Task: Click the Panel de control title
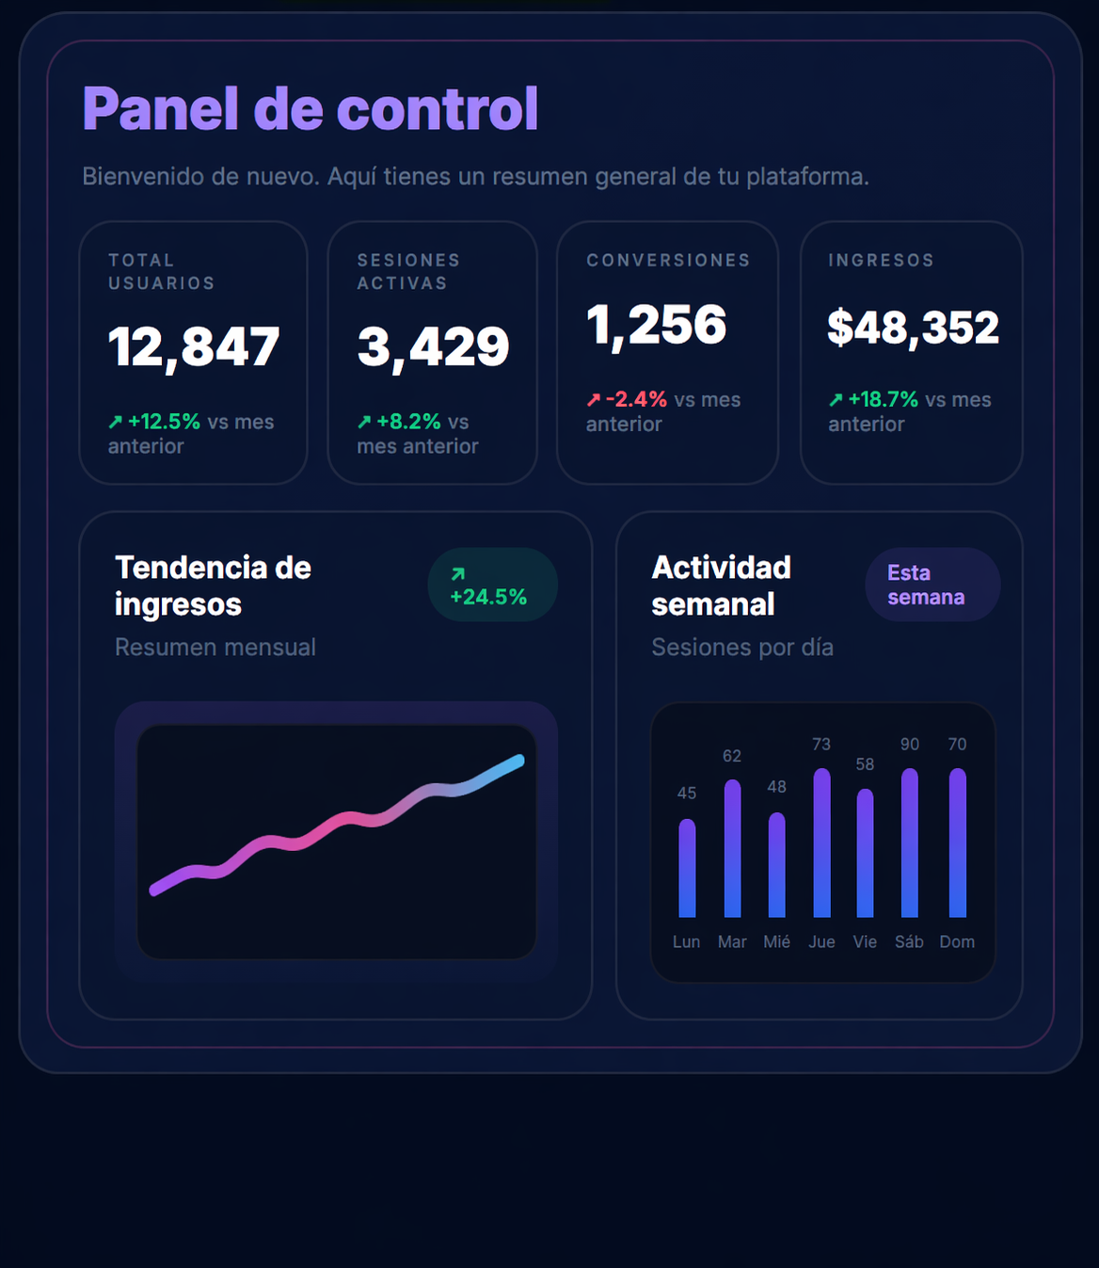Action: [310, 109]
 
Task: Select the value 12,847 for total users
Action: [193, 347]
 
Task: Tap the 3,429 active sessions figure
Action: [433, 347]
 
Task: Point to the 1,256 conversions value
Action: [656, 326]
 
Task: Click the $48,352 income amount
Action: [912, 328]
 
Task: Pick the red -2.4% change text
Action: [636, 400]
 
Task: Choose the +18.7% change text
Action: [883, 400]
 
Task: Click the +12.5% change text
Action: [164, 422]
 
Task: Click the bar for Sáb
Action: [909, 843]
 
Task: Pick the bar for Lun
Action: [687, 868]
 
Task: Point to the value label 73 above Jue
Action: [821, 745]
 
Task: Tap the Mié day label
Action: [776, 942]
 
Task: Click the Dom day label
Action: [957, 942]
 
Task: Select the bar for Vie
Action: [865, 853]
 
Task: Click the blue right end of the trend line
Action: [517, 761]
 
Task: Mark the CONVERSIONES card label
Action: [668, 261]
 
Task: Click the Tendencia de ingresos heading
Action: [213, 586]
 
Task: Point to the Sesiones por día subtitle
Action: [742, 648]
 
